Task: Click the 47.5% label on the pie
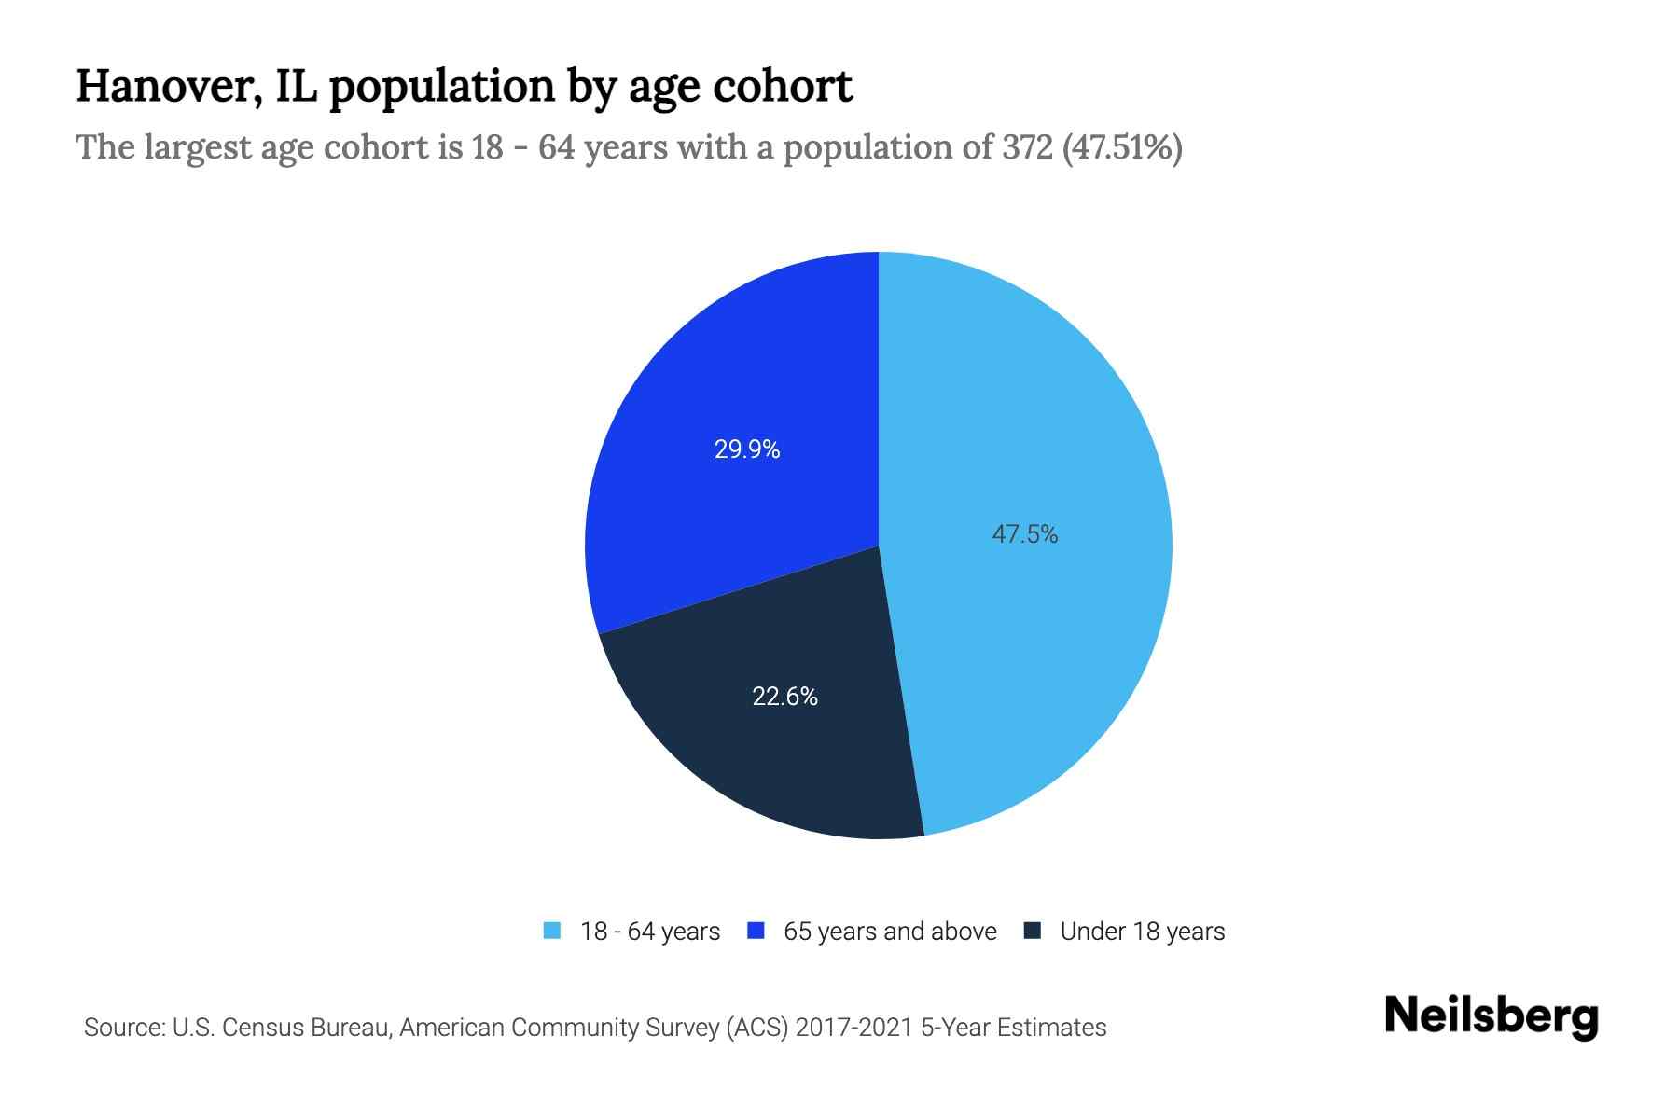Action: [x=1024, y=534]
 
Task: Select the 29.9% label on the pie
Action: [x=746, y=449]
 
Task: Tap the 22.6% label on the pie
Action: [x=784, y=697]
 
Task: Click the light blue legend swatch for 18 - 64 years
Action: [x=552, y=931]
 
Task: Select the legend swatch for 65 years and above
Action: [x=756, y=931]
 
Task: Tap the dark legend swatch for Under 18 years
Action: [x=1033, y=931]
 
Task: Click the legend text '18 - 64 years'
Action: [x=650, y=932]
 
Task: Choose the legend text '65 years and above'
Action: [x=890, y=932]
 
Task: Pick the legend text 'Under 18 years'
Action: [x=1142, y=932]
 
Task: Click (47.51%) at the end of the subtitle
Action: [x=1122, y=147]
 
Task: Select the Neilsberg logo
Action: [x=1491, y=1016]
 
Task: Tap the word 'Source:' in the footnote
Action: [x=124, y=1028]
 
